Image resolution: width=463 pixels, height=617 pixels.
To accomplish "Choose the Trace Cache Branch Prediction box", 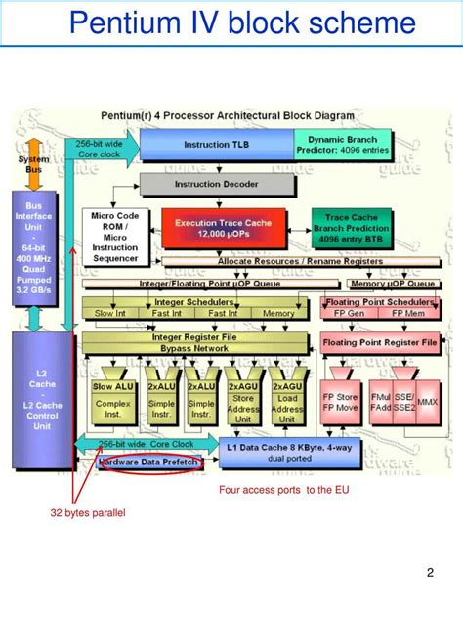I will click(x=351, y=228).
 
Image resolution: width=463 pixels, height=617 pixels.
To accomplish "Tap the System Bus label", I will click(x=32, y=164).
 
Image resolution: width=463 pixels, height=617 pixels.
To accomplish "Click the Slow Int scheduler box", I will click(x=109, y=313).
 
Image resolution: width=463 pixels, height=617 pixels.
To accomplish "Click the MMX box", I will click(x=427, y=401).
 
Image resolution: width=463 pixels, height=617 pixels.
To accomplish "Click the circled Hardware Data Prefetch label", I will click(x=148, y=462).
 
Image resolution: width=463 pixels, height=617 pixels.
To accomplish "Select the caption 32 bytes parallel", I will click(x=89, y=512).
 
